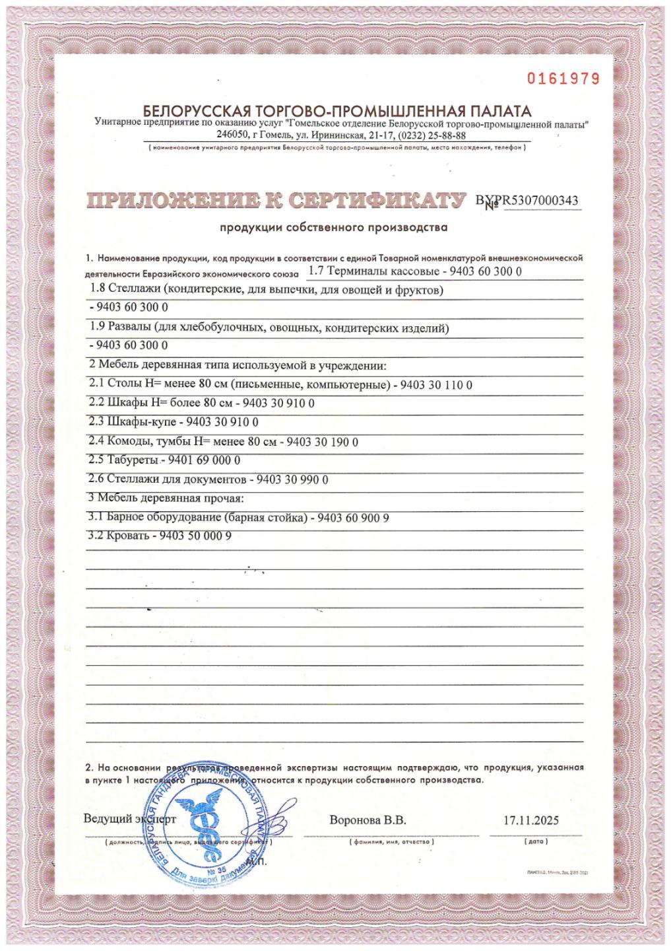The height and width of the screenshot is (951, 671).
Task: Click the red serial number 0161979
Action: (x=563, y=79)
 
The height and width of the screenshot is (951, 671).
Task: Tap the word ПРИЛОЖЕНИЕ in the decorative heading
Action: (x=168, y=201)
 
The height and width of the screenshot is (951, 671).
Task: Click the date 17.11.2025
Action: (x=530, y=820)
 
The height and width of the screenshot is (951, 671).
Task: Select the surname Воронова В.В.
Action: (x=367, y=820)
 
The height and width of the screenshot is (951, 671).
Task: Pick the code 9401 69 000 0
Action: (x=205, y=460)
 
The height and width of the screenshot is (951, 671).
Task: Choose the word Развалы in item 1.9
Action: (x=128, y=328)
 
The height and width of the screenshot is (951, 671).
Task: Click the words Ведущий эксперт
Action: (x=130, y=820)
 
